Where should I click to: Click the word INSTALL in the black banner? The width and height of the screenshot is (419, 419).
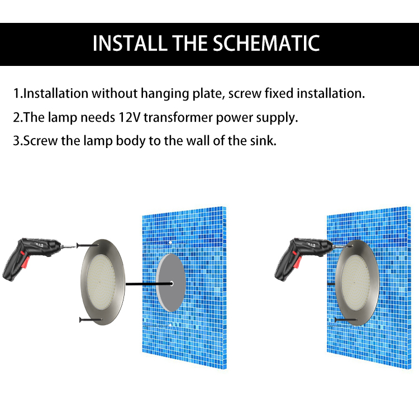[x=129, y=44]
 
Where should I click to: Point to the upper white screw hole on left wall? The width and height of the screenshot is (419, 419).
[x=169, y=242]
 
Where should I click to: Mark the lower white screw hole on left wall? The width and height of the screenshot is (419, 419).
[x=169, y=324]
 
